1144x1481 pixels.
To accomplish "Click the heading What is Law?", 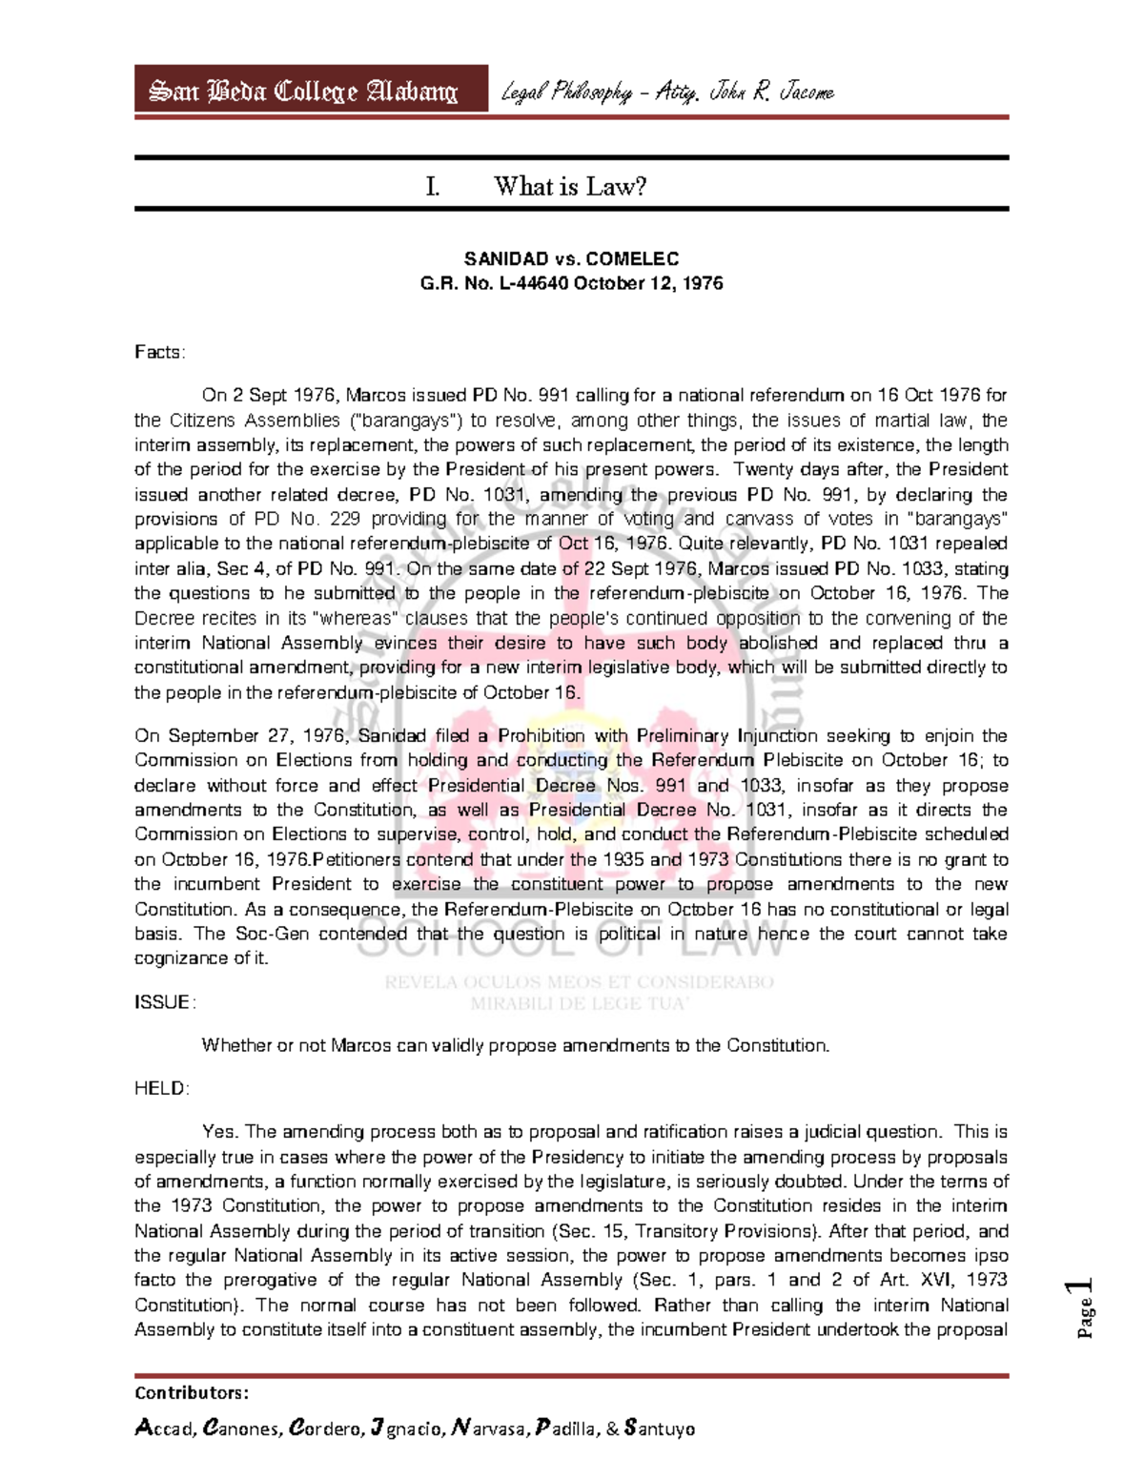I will [570, 186].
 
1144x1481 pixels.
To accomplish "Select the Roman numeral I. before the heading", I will [433, 186].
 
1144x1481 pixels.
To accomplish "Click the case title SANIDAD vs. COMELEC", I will [571, 258].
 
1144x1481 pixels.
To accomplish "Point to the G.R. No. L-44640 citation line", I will [571, 283].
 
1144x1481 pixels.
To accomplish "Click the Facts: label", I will [159, 352].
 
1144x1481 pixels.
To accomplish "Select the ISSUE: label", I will [165, 1001].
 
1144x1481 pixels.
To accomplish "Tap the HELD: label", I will [162, 1088].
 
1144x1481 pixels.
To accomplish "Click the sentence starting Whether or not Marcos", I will [515, 1045].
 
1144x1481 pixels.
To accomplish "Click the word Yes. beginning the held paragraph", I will [219, 1132].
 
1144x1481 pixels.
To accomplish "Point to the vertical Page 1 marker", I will [1083, 1307].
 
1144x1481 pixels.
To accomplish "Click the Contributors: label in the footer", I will [192, 1392].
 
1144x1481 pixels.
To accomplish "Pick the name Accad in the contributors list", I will [166, 1429].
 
